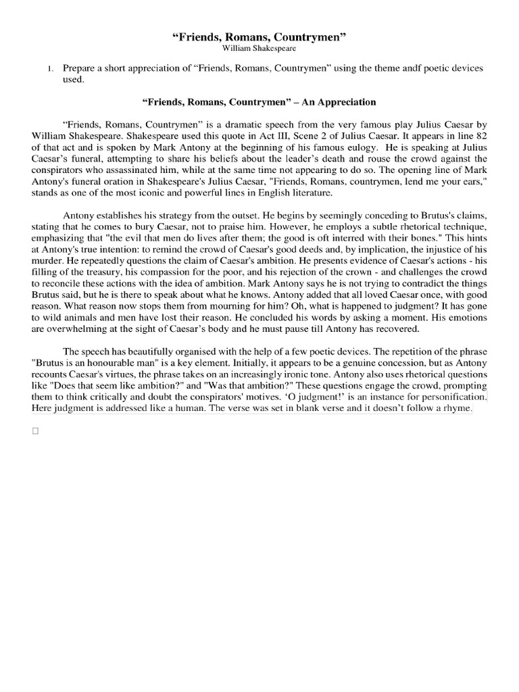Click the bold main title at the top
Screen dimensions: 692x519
point(259,36)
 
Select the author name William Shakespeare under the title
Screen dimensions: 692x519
point(259,49)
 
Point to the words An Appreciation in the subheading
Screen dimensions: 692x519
point(342,101)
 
